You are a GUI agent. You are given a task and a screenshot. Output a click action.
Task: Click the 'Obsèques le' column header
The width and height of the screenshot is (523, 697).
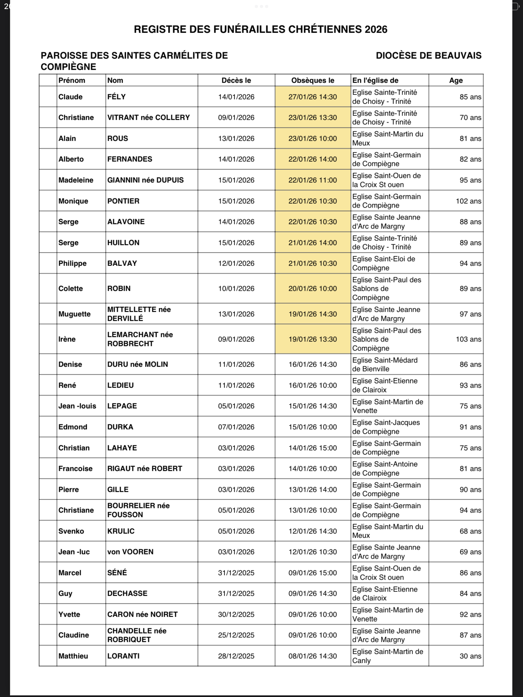(x=313, y=80)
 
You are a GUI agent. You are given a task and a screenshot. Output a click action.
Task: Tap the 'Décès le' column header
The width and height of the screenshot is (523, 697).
(x=236, y=80)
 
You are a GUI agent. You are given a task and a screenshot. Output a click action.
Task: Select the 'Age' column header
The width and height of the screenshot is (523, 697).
(x=456, y=80)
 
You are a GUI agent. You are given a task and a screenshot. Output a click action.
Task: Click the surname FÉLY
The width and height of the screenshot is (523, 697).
(x=117, y=97)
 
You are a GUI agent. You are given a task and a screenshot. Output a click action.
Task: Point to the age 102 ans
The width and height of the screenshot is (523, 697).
(x=468, y=201)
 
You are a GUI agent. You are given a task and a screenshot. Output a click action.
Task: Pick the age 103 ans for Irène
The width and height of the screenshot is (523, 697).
(x=468, y=339)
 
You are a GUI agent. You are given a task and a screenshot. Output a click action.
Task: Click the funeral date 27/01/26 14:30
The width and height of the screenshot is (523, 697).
(x=313, y=97)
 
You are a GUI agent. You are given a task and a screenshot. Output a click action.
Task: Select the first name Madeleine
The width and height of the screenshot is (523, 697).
(x=76, y=180)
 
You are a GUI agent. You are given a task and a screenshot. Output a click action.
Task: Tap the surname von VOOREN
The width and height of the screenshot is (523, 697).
(x=130, y=552)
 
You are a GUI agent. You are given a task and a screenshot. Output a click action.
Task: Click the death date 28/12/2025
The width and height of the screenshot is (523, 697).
(x=236, y=656)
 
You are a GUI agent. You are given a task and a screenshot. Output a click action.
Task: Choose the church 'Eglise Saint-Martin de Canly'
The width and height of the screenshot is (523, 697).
(x=387, y=656)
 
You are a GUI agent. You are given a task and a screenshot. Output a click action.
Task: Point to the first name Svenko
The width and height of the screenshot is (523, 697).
(x=71, y=531)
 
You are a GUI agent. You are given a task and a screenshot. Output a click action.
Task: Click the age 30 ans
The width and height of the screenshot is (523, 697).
(x=470, y=656)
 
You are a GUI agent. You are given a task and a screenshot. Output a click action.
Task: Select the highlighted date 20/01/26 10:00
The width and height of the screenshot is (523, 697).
(x=313, y=288)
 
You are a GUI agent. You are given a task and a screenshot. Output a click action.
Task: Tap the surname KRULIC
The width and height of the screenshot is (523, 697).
(x=121, y=531)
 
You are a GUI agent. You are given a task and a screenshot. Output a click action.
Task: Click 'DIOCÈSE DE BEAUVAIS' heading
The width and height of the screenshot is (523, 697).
(x=428, y=56)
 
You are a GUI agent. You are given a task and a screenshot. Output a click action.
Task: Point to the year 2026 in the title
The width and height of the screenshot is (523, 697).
(x=376, y=29)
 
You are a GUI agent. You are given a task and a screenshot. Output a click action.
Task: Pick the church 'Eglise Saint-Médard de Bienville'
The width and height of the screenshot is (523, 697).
(x=385, y=364)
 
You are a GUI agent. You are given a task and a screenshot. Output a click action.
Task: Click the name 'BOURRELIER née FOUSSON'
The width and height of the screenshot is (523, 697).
(x=138, y=510)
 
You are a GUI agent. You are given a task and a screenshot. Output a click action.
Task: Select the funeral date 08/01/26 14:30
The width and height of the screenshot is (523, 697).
(x=313, y=656)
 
